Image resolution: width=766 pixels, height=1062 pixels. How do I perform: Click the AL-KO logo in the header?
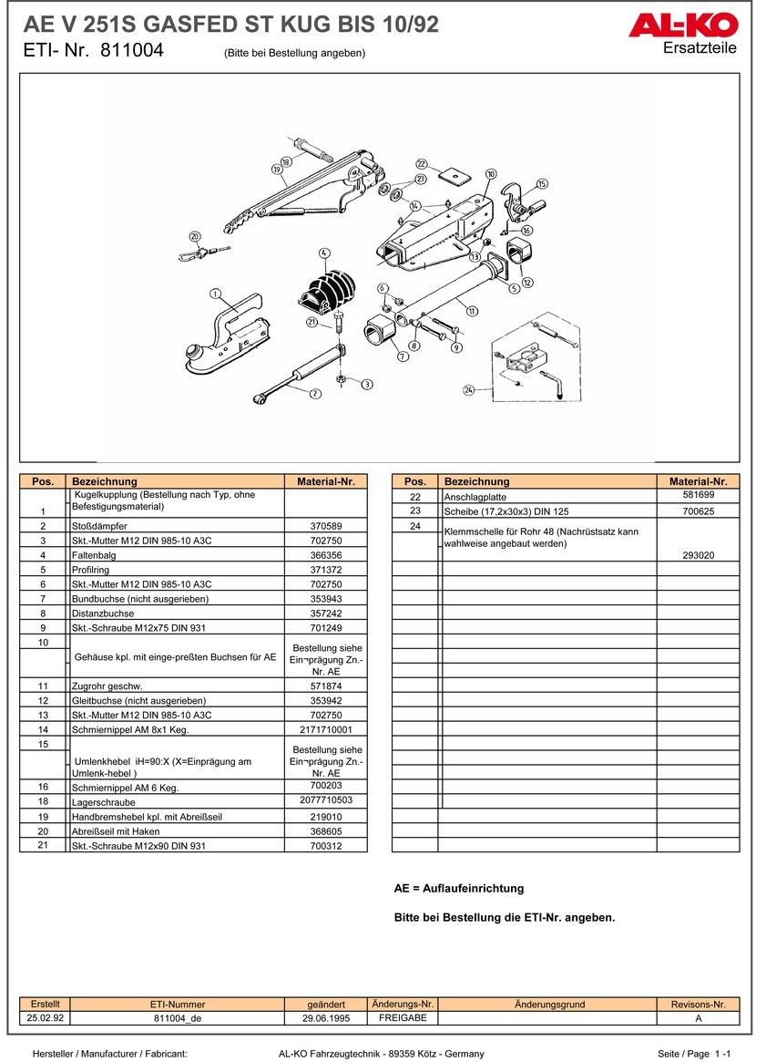[682, 24]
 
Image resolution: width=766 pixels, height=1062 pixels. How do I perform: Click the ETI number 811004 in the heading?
[132, 51]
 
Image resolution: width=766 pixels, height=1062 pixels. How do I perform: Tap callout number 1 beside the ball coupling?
[215, 294]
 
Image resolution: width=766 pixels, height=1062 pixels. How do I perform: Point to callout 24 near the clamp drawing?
[468, 390]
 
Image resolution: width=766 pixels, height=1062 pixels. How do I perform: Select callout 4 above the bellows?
[324, 253]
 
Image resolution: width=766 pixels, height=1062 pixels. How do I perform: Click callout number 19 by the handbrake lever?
[276, 170]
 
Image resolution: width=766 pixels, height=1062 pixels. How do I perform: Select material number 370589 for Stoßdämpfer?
[326, 526]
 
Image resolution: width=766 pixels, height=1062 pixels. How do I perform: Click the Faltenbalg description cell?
[178, 555]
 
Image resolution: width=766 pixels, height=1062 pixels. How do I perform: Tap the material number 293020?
[699, 554]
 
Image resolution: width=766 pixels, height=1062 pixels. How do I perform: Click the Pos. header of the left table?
[43, 481]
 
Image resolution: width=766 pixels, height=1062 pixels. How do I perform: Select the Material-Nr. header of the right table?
[699, 481]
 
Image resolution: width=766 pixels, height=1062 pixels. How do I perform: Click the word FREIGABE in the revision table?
[403, 1017]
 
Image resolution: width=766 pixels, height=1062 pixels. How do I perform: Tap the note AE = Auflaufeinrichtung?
[459, 888]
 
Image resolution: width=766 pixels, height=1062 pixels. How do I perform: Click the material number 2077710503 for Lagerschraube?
[326, 800]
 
